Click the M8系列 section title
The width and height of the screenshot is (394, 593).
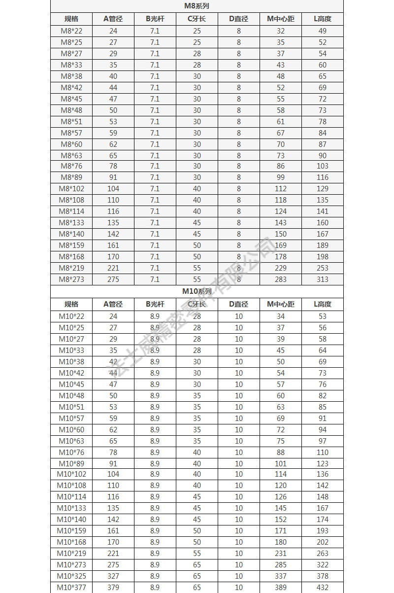point(197,6)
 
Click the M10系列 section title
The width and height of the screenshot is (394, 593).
point(197,291)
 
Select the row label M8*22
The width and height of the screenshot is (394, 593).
point(71,31)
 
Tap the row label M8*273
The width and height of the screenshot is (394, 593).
point(71,279)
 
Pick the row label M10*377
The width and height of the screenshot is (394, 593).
point(71,588)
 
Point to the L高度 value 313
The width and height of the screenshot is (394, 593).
point(323,279)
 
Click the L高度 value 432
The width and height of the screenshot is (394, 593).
point(323,588)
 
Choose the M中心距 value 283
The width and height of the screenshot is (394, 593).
point(281,279)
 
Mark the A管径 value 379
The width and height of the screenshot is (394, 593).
point(113,588)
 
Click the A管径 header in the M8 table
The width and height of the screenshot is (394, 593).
point(113,19)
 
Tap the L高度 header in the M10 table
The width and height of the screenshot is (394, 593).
point(323,304)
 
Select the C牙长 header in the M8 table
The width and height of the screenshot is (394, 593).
point(197,19)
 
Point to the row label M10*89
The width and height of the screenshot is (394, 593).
point(71,463)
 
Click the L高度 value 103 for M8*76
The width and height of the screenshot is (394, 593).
point(323,166)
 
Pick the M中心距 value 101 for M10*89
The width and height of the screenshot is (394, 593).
point(281,463)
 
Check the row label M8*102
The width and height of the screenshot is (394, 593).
point(71,189)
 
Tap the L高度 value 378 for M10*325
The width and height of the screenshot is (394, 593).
point(323,576)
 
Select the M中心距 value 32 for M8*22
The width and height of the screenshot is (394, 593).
point(281,31)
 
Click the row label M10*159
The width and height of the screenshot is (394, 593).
point(71,531)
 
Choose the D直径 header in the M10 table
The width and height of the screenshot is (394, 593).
point(239,304)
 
